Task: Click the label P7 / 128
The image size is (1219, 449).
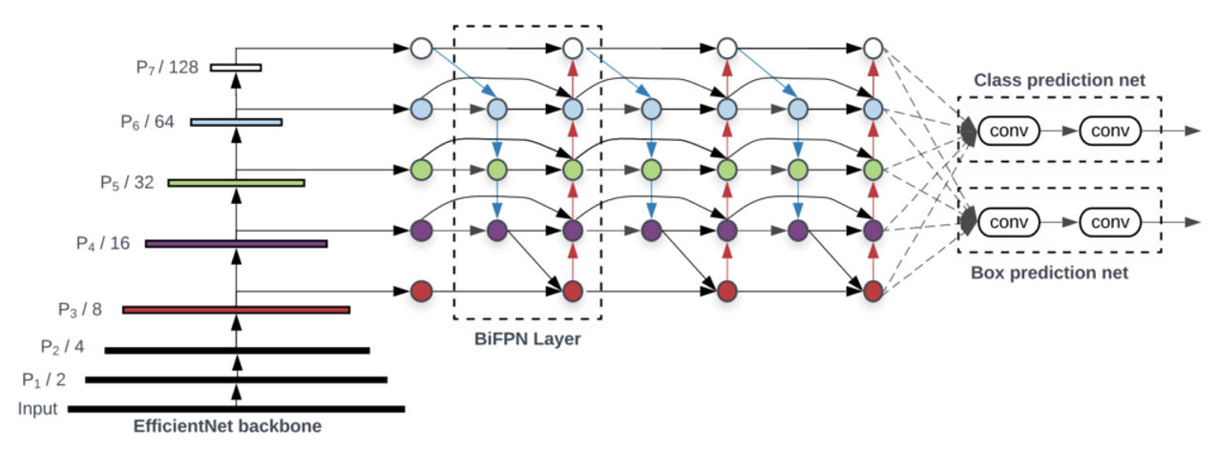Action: pyautogui.click(x=166, y=68)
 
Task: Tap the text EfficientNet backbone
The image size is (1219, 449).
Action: pyautogui.click(x=227, y=426)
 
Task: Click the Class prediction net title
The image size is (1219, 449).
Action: pyautogui.click(x=1060, y=81)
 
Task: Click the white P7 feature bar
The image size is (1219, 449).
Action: pyautogui.click(x=236, y=68)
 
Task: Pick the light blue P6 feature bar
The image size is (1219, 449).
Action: pyautogui.click(x=236, y=122)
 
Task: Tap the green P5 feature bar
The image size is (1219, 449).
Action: pyautogui.click(x=236, y=182)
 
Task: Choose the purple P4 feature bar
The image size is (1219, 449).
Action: pyautogui.click(x=236, y=244)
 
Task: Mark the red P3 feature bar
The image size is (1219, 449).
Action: pyautogui.click(x=236, y=309)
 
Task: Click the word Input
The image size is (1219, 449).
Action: pyautogui.click(x=37, y=409)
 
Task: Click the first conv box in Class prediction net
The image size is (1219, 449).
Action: pyautogui.click(x=1009, y=130)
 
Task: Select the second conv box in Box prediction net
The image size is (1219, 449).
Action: pyautogui.click(x=1109, y=222)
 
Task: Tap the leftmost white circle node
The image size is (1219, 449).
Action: pyautogui.click(x=421, y=47)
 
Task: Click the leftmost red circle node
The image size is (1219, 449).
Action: pyautogui.click(x=421, y=291)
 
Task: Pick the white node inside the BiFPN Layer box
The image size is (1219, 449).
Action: pyautogui.click(x=572, y=47)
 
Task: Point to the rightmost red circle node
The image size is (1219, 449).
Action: pyautogui.click(x=872, y=291)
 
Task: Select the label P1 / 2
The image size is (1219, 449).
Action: pyautogui.click(x=44, y=379)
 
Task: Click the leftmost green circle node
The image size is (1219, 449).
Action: pyautogui.click(x=421, y=171)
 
